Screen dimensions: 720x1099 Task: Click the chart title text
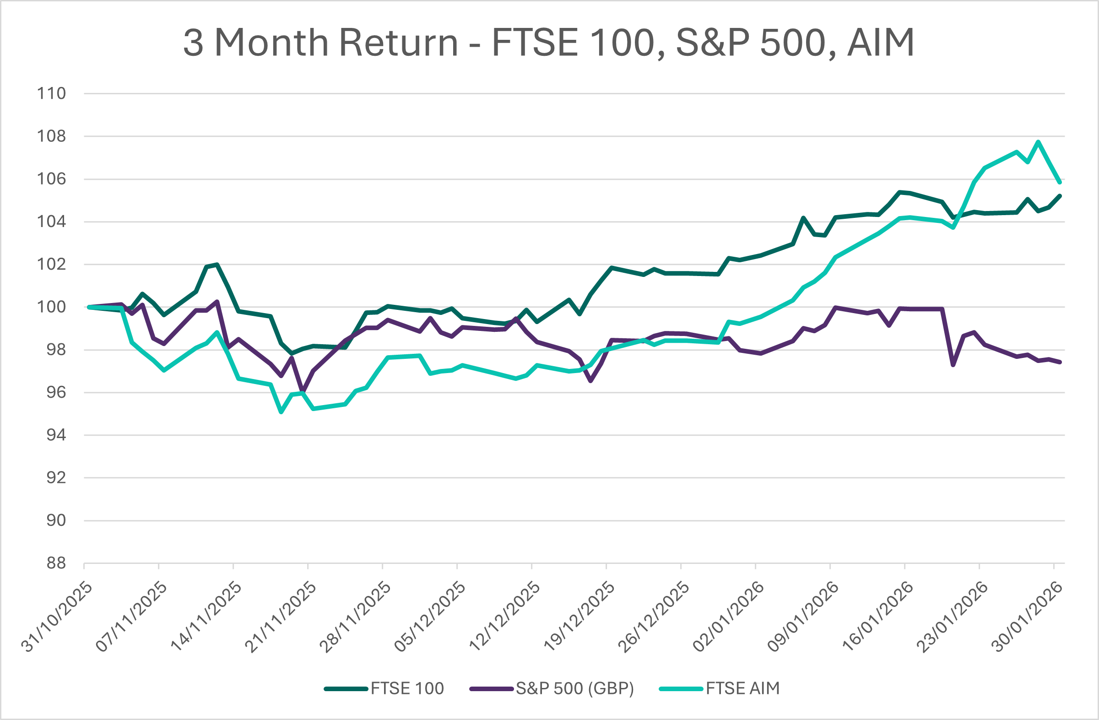click(548, 43)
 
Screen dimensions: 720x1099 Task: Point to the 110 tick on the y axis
click(51, 94)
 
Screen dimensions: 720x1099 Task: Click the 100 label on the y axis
click(51, 307)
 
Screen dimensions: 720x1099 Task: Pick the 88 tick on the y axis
click(56, 563)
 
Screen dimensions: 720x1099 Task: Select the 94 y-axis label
click(56, 435)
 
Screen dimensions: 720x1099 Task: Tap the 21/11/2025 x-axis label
click(281, 617)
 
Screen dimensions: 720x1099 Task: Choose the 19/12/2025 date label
click(579, 617)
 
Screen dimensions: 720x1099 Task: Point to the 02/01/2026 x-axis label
click(729, 617)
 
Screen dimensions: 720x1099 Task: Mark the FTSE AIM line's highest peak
click(1038, 142)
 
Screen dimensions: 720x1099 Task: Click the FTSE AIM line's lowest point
click(281, 412)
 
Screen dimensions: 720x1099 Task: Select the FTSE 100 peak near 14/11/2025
click(217, 265)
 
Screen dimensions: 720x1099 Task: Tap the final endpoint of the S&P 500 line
click(1060, 363)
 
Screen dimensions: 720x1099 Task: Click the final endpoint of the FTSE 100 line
click(1060, 196)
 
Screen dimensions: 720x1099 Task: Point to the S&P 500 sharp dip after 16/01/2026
click(953, 365)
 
